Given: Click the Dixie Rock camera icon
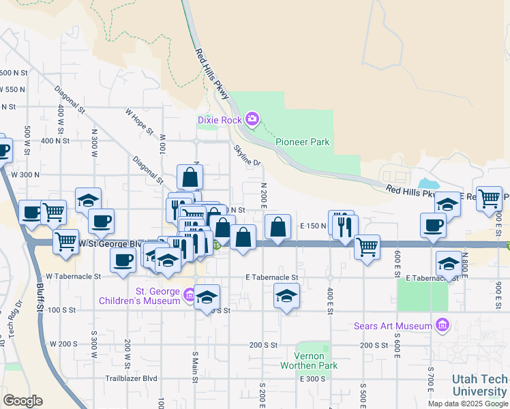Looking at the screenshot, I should [x=252, y=120].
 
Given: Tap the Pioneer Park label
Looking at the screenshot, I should [x=302, y=142].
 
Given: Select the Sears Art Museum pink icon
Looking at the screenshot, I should [x=442, y=326].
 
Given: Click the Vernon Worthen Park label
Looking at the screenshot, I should [x=308, y=361].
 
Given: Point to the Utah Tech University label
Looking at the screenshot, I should [x=480, y=386].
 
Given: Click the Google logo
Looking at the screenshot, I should [x=22, y=401].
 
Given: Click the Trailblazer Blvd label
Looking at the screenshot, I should [x=131, y=378].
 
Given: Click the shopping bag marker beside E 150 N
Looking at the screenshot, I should [x=277, y=227].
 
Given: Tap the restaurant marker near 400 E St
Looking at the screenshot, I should [x=346, y=227].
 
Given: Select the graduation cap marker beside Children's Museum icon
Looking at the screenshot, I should [x=207, y=297].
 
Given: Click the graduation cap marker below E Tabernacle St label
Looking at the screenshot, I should [x=286, y=296].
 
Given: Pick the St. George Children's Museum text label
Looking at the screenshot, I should [x=139, y=296].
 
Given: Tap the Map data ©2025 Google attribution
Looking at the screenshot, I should [x=468, y=404].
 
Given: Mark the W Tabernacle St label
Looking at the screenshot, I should [x=75, y=277].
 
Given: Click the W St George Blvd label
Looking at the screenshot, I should [x=109, y=243].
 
